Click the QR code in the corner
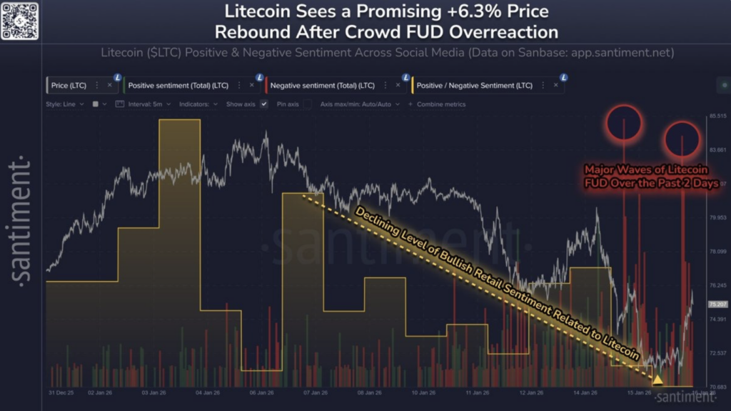(19, 20)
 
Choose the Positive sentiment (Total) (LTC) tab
(178, 85)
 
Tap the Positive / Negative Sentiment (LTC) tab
(475, 85)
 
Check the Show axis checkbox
(264, 104)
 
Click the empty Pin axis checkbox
(307, 104)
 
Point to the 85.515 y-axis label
(717, 116)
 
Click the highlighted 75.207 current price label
(717, 304)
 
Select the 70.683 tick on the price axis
(717, 387)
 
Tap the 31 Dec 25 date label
(62, 392)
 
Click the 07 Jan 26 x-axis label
(315, 392)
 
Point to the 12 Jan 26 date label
(532, 392)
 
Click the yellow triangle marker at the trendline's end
(657, 379)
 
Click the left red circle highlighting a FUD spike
(625, 123)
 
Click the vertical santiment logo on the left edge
(21, 221)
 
